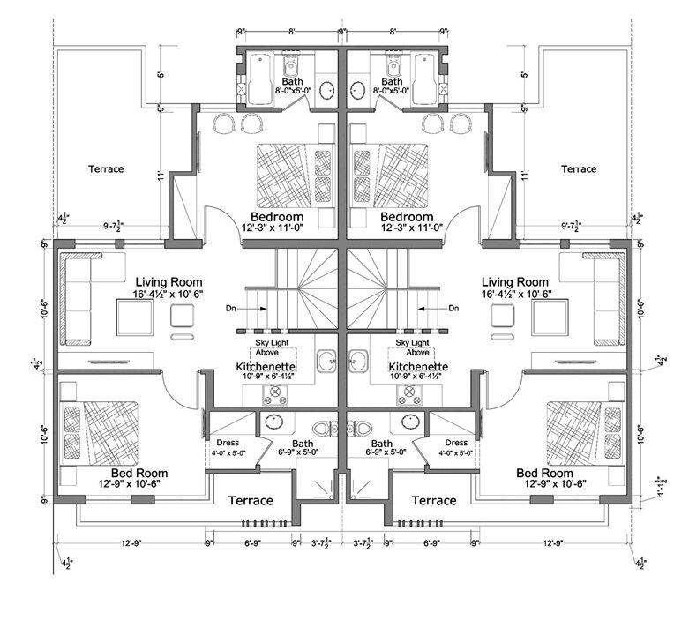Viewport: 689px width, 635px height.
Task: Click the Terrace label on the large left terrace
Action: tap(106, 168)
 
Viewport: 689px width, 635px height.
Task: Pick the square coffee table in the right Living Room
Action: tap(502, 316)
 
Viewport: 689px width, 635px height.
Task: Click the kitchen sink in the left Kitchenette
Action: tap(326, 359)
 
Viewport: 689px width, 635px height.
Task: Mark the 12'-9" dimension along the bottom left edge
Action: tap(130, 543)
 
